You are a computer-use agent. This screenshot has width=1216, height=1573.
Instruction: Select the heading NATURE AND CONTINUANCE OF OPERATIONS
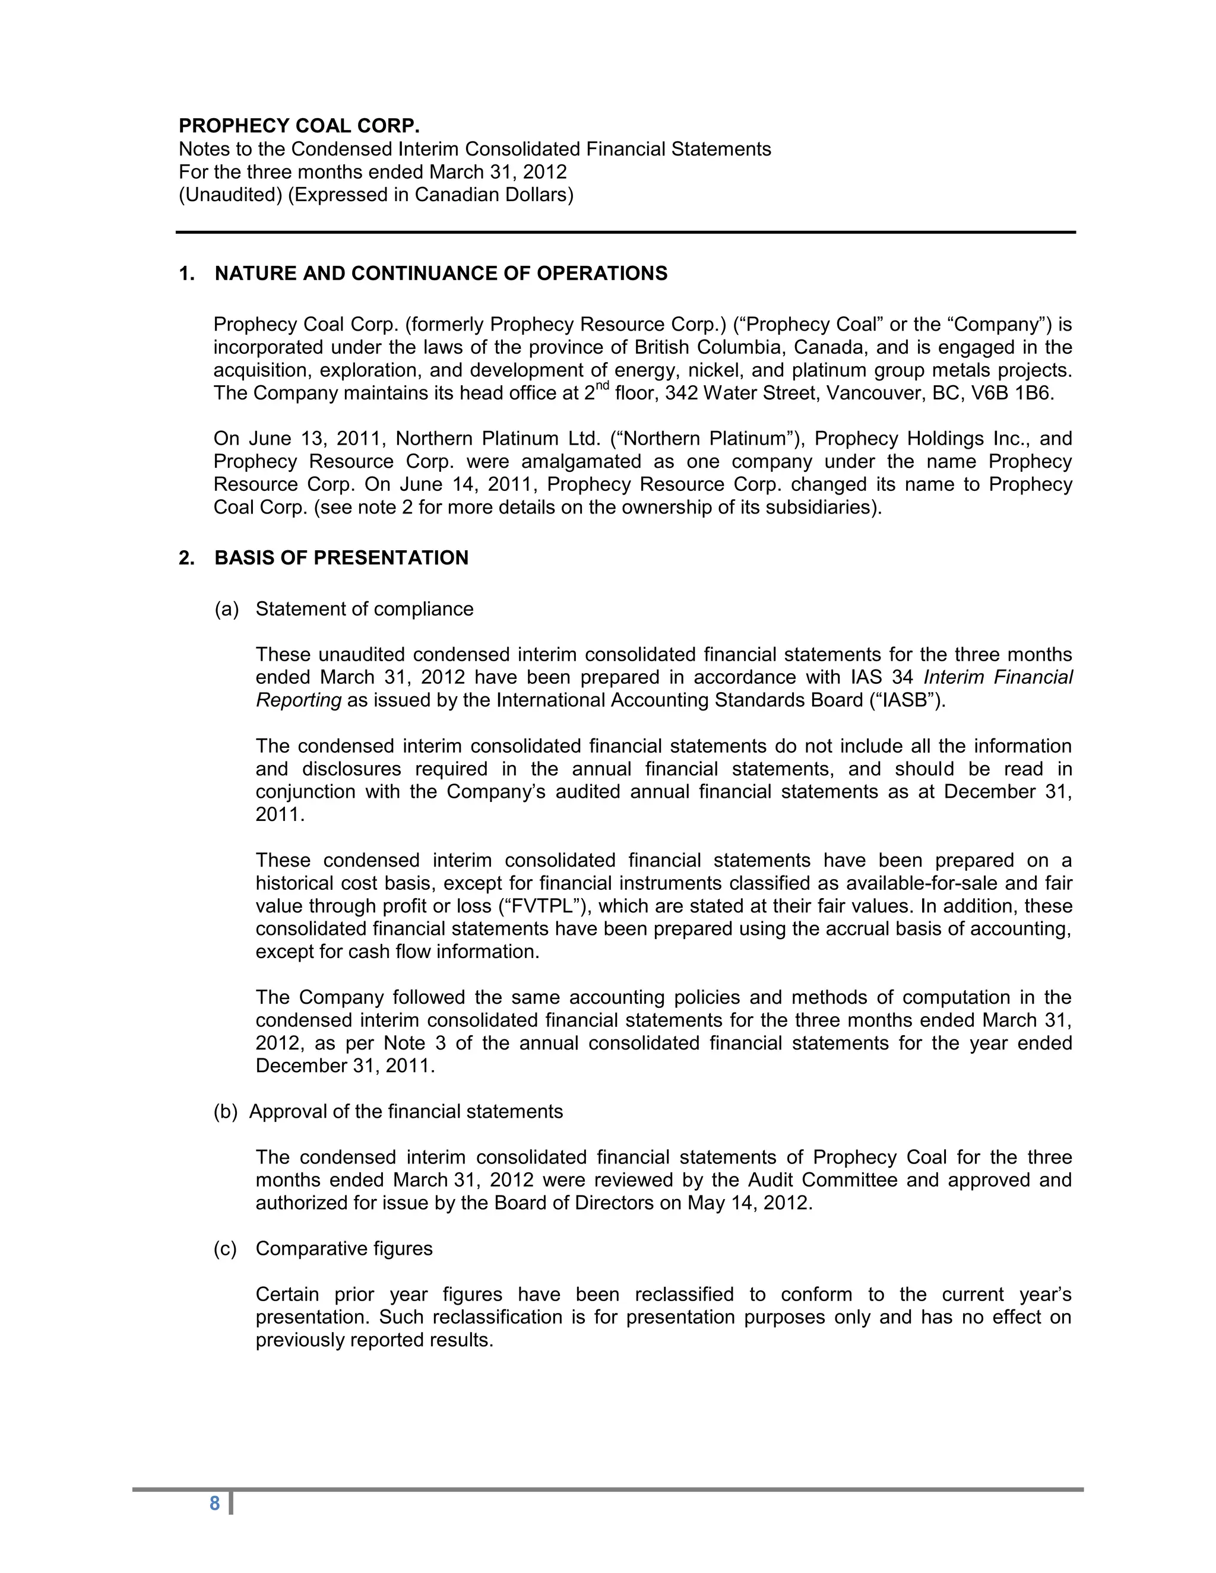[x=441, y=274]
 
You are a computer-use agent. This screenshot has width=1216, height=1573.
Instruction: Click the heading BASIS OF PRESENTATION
[x=341, y=558]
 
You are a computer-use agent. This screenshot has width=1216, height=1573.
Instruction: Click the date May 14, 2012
[x=749, y=1204]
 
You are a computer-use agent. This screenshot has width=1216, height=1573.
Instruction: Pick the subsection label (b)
[x=226, y=1112]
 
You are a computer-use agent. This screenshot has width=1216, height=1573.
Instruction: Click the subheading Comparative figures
[x=344, y=1249]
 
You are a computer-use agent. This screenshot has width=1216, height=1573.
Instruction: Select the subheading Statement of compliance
[x=365, y=610]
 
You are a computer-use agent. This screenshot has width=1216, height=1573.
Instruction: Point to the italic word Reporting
[x=298, y=700]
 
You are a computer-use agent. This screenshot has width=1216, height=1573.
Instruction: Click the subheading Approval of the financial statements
[x=406, y=1112]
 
